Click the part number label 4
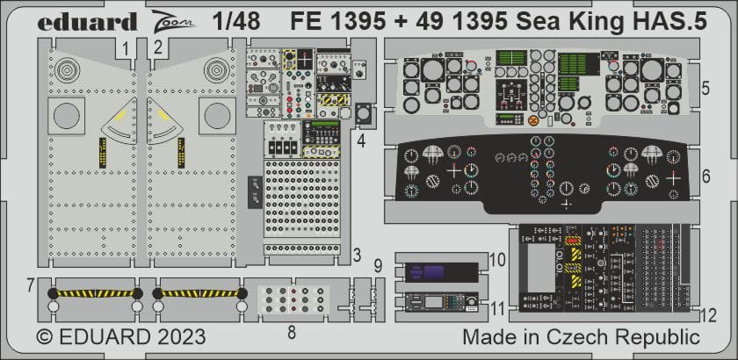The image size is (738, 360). tap(362, 138)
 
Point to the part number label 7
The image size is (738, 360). tap(30, 284)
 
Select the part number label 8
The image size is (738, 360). tap(292, 332)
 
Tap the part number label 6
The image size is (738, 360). tap(706, 176)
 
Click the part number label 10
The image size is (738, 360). tap(496, 261)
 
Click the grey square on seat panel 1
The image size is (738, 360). tap(68, 114)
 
